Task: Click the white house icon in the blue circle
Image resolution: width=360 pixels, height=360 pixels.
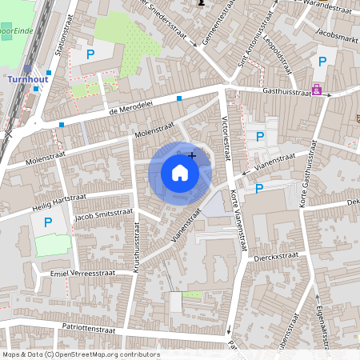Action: pyautogui.click(x=180, y=172)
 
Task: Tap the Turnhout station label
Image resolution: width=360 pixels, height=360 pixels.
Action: pyautogui.click(x=28, y=80)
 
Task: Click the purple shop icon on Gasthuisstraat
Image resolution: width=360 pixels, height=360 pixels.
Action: pyautogui.click(x=318, y=90)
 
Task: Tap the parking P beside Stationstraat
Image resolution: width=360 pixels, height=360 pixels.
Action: pyautogui.click(x=90, y=54)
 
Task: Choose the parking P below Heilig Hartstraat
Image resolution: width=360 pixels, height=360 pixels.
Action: pyautogui.click(x=47, y=222)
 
